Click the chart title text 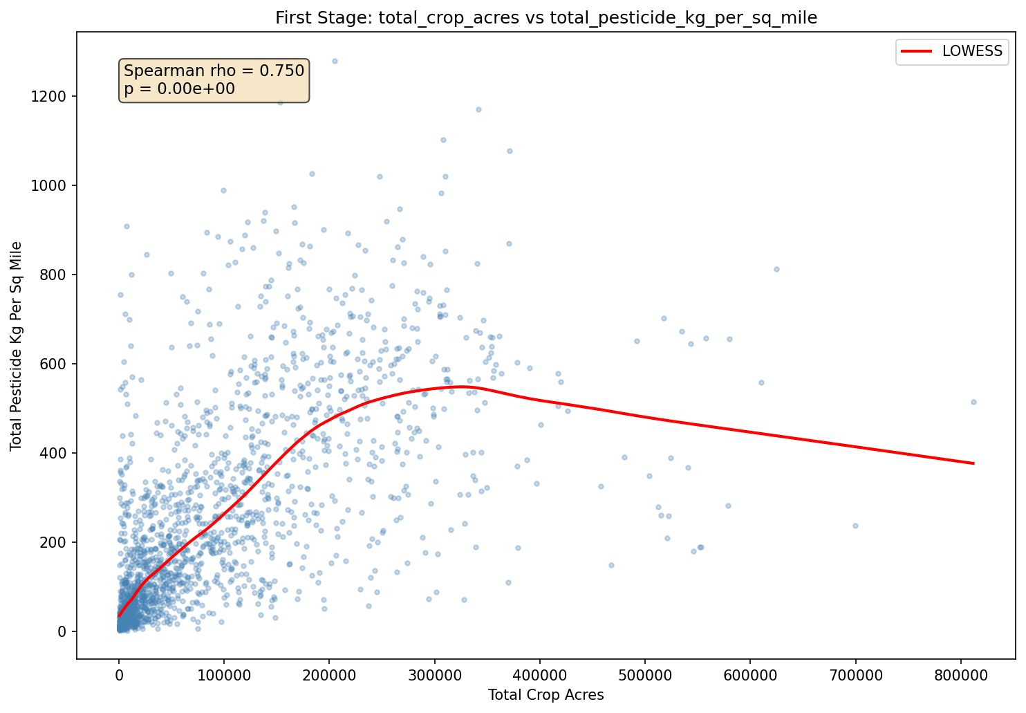(x=546, y=18)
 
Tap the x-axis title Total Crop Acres (x=545, y=695)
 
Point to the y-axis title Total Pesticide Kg (x=17, y=346)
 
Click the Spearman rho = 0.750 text (x=214, y=71)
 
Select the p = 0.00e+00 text (x=179, y=89)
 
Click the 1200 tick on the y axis (x=53, y=96)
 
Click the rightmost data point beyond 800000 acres (x=973, y=402)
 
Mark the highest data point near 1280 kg (x=335, y=61)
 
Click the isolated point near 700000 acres (x=855, y=526)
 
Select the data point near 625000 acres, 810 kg (x=776, y=269)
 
